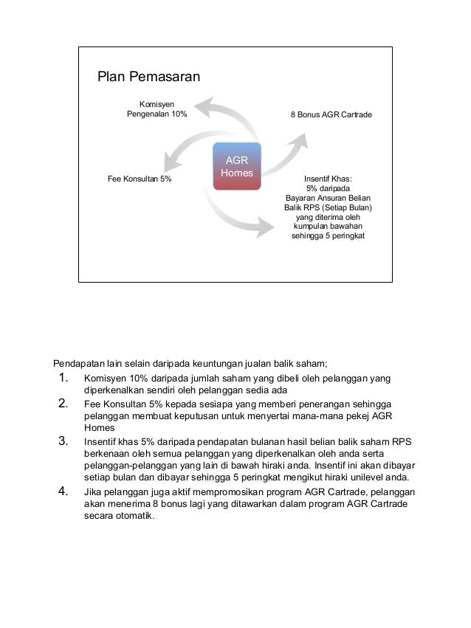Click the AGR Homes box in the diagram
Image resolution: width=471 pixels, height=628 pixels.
click(236, 167)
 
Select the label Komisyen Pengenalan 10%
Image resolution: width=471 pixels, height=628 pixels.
click(157, 110)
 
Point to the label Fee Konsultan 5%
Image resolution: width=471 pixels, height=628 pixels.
click(140, 179)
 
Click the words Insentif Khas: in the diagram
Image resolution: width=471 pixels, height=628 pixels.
click(328, 179)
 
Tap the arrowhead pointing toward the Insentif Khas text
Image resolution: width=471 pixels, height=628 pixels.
click(268, 222)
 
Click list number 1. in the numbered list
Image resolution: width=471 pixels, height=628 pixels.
click(63, 380)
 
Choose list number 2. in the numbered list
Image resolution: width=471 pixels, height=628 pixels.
click(63, 404)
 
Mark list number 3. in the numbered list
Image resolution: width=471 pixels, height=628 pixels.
click(63, 442)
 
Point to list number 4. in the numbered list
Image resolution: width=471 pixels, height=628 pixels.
click(63, 491)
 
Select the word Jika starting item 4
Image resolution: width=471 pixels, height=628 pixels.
click(93, 491)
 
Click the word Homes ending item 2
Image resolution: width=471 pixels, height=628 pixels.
click(97, 428)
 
